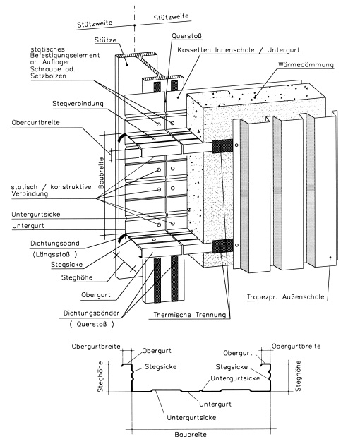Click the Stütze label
(105, 40)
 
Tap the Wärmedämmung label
(306, 64)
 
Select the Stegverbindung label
(78, 104)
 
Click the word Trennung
(211, 315)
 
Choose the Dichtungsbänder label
(92, 313)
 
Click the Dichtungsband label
(55, 244)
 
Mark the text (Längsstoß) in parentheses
(54, 254)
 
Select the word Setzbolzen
(49, 76)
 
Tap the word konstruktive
(71, 187)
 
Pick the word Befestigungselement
(65, 55)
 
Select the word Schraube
(46, 69)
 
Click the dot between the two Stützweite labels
(135, 25)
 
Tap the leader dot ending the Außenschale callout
(330, 257)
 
